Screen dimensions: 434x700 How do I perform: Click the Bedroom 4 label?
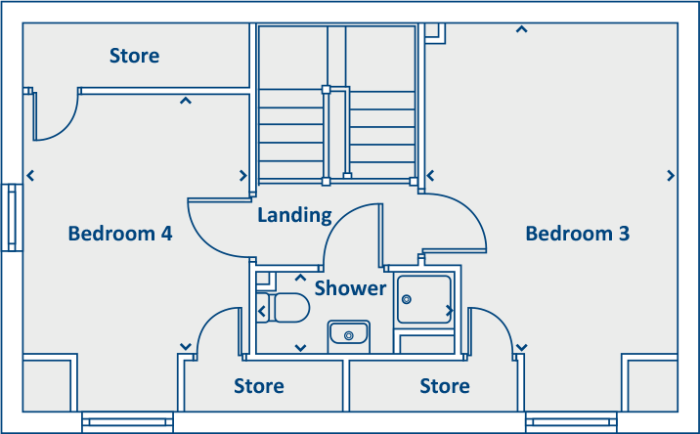(x=120, y=234)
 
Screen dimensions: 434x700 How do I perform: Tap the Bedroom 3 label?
(x=577, y=234)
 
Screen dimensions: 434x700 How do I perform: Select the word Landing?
(x=294, y=215)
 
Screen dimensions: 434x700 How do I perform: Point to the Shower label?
(x=350, y=288)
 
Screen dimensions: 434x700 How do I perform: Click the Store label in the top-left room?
(x=134, y=56)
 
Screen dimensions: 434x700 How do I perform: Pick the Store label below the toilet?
(x=259, y=386)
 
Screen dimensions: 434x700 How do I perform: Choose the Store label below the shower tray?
(x=445, y=386)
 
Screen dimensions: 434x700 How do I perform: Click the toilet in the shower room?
(x=284, y=307)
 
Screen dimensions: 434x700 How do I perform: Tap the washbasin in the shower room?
(x=347, y=334)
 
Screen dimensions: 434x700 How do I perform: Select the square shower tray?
(x=425, y=299)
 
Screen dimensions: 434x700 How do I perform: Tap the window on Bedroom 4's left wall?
(x=13, y=217)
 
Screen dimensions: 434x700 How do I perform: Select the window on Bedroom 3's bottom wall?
(x=571, y=422)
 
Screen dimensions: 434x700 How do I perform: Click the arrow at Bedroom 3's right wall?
(x=671, y=175)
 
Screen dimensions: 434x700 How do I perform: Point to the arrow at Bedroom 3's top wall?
(x=522, y=29)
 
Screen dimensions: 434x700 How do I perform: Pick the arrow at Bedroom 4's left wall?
(x=31, y=176)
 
